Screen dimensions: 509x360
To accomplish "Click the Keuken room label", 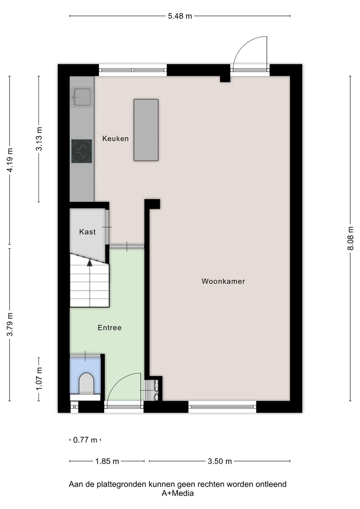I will click(x=115, y=138).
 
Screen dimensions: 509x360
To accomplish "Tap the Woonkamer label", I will click(x=223, y=281).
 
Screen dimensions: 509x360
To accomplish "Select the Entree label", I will click(x=109, y=328).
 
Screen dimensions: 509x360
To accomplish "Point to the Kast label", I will click(x=87, y=232).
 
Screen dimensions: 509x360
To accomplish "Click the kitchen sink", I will click(x=82, y=97).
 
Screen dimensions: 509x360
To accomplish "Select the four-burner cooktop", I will click(x=82, y=151).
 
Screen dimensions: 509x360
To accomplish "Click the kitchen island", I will click(x=146, y=130).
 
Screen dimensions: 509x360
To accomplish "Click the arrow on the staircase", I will click(x=89, y=263).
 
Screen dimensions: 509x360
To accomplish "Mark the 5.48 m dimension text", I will click(x=180, y=16).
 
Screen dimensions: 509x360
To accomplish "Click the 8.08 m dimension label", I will click(x=350, y=238).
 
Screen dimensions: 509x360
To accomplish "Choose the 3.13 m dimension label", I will click(x=39, y=139).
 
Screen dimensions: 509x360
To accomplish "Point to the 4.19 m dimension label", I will click(x=10, y=160).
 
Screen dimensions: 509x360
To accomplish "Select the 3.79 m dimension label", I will click(x=10, y=324).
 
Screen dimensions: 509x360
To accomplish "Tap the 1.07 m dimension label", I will click(x=39, y=379).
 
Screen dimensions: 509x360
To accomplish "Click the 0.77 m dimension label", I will click(x=85, y=440).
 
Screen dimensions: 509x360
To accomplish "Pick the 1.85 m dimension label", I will click(x=107, y=461).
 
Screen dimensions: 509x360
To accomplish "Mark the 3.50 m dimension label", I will click(x=220, y=461).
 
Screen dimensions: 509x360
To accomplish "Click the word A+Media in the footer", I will click(x=178, y=493).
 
